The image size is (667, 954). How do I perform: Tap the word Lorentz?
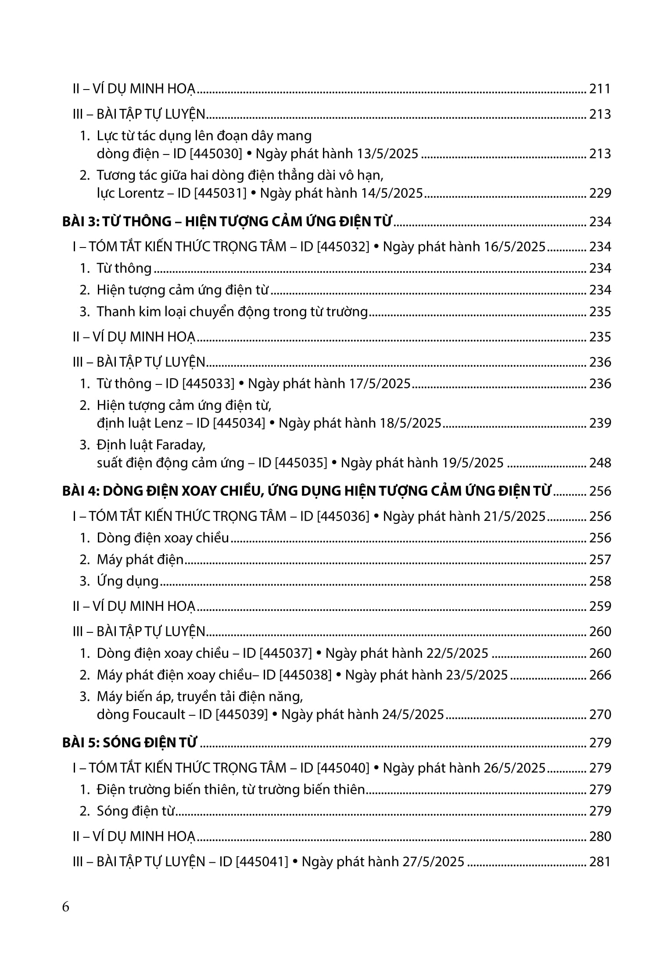pyautogui.click(x=140, y=193)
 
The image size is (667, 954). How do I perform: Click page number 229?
pyautogui.click(x=600, y=193)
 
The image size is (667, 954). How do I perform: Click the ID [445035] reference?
pyautogui.click(x=301, y=463)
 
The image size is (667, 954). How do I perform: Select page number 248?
pyautogui.click(x=600, y=463)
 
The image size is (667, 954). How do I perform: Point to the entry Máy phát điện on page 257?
pyautogui.click(x=140, y=559)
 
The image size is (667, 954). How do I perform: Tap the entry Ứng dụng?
pyautogui.click(x=127, y=581)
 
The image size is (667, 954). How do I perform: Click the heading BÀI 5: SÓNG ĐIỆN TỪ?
pyautogui.click(x=129, y=743)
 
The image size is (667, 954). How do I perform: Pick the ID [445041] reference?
pyautogui.click(x=262, y=862)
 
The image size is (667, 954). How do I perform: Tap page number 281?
pyautogui.click(x=600, y=862)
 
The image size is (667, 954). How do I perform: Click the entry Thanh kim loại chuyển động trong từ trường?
pyautogui.click(x=232, y=312)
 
